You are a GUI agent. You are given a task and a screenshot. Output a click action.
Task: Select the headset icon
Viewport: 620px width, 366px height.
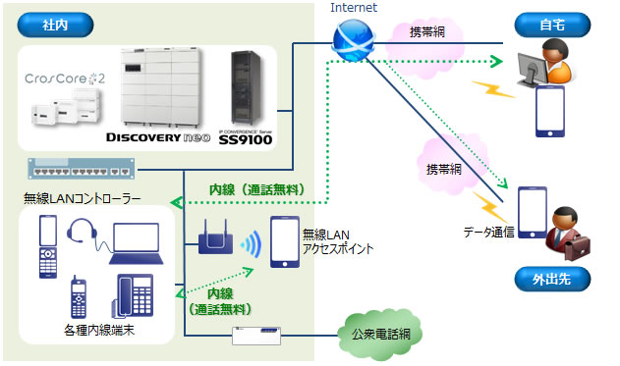82,234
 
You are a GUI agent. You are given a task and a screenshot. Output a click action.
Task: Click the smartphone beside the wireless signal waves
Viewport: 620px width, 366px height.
285,240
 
